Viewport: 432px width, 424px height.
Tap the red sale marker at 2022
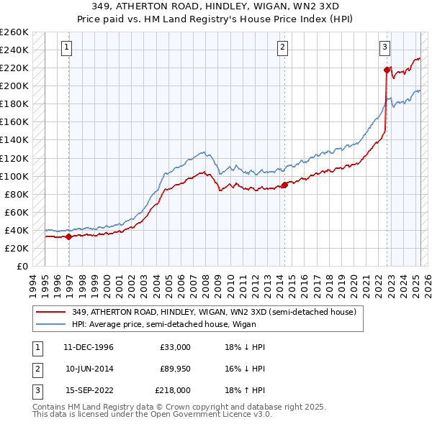click(x=387, y=70)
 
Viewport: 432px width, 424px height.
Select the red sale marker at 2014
click(x=284, y=185)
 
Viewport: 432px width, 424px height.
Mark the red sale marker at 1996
click(x=68, y=236)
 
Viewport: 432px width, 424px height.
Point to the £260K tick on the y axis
click(x=14, y=32)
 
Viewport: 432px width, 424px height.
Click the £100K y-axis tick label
click(x=14, y=176)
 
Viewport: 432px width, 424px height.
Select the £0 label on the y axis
click(x=22, y=266)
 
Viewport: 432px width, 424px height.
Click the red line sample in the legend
click(x=51, y=312)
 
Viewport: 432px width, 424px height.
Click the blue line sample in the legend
click(x=51, y=324)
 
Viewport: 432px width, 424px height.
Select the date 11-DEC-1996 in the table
click(x=89, y=347)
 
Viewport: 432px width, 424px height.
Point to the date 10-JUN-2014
click(x=89, y=369)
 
